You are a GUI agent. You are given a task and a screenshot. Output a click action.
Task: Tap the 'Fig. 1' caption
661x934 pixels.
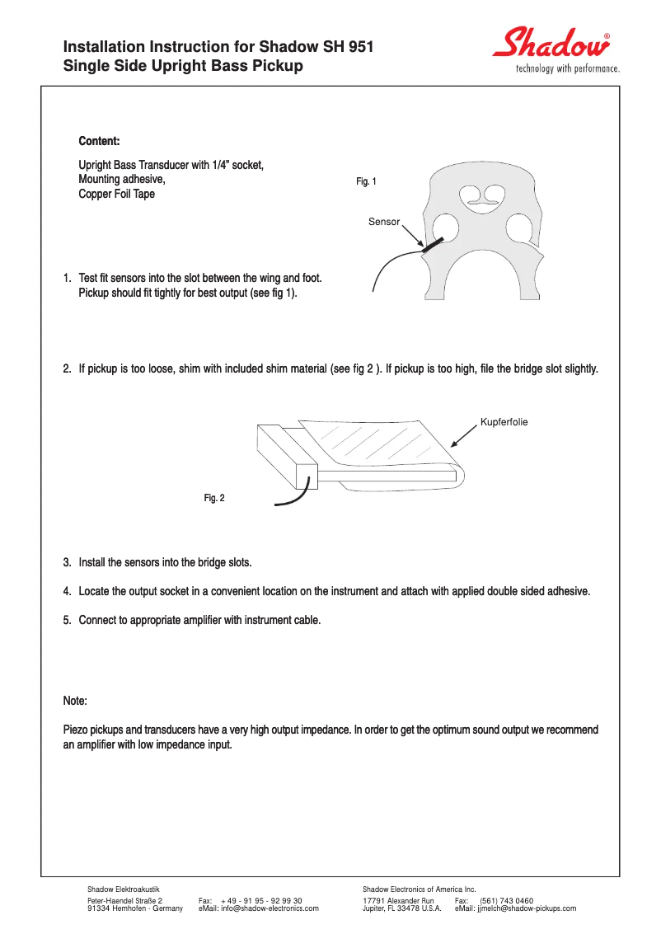point(366,181)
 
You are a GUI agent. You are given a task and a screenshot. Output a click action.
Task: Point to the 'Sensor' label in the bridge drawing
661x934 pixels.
point(384,222)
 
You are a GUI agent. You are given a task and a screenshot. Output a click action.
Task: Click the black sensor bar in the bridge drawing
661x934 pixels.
point(432,243)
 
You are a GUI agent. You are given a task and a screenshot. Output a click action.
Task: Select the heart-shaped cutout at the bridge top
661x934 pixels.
point(482,195)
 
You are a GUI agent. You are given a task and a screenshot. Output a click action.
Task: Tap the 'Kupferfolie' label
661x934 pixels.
point(504,422)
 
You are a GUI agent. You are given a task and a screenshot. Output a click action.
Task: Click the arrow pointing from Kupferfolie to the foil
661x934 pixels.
point(463,436)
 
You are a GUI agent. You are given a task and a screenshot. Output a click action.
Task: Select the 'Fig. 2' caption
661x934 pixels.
point(214,498)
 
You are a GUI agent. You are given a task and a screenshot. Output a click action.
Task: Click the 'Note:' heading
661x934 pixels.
point(75,701)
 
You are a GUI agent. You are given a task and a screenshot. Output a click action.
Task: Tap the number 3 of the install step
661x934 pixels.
point(67,562)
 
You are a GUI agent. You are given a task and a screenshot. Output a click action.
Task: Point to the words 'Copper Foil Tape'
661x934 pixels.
point(116,195)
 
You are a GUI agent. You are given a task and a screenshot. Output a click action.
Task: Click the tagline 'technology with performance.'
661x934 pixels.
point(567,68)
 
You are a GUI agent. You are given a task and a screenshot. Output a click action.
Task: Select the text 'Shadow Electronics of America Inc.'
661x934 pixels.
point(420,889)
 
